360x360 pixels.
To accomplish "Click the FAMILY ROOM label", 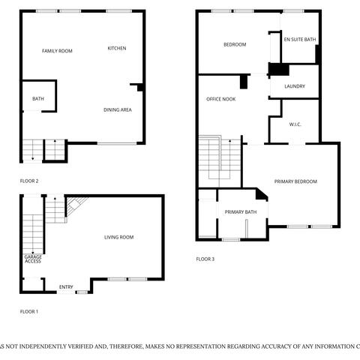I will [x=57, y=50].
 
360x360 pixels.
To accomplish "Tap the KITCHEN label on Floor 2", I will [x=117, y=48].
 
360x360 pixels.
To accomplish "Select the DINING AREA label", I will [x=118, y=110].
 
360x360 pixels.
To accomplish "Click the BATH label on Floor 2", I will [x=37, y=99].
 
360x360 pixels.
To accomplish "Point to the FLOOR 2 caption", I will [x=29, y=181].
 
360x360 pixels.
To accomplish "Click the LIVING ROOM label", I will [x=118, y=237].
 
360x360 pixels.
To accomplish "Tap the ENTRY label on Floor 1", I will [x=66, y=286].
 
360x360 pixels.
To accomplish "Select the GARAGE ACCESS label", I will [x=33, y=259].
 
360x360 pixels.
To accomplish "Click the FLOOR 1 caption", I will [x=28, y=310].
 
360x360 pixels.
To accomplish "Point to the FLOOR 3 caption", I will [x=205, y=259].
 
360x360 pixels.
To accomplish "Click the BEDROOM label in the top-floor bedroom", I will [x=235, y=44].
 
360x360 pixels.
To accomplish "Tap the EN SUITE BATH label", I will [x=299, y=38].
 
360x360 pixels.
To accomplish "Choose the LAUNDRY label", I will [x=295, y=86].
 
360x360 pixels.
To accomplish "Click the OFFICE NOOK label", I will [x=221, y=99].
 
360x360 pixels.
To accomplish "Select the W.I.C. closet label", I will [x=295, y=124].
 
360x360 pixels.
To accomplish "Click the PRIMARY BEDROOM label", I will [x=295, y=181].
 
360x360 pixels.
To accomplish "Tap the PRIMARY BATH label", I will [x=241, y=212].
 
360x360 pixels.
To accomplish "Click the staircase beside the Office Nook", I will [x=220, y=159].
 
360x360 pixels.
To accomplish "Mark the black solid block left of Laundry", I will [x=278, y=70].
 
